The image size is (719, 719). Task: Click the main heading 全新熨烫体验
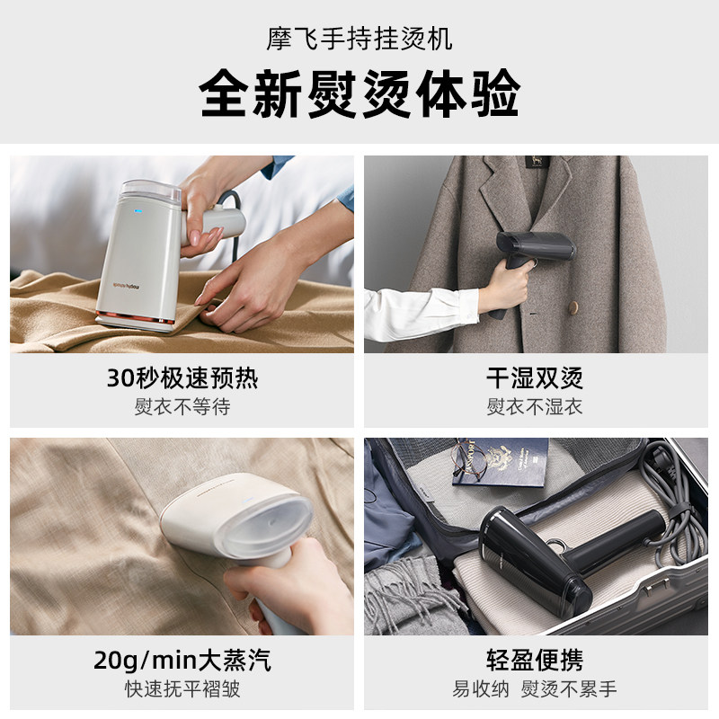coord(359,93)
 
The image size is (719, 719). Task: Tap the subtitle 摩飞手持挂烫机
coord(359,39)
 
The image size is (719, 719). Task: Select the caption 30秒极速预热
coord(182,378)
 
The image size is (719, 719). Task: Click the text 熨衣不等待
coord(182,406)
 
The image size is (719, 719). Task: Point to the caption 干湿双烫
coord(535,378)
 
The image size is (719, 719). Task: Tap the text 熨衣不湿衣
coord(535,406)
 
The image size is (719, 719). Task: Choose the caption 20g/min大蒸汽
coord(182,661)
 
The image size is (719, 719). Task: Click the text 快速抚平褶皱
coord(182,688)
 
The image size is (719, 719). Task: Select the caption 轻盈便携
coord(535,661)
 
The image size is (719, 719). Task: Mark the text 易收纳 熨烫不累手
coord(535,688)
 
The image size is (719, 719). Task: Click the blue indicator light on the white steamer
coord(138,212)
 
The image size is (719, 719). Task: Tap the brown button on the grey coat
coord(573,307)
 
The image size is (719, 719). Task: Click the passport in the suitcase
coord(501,462)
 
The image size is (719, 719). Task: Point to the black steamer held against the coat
coord(531,262)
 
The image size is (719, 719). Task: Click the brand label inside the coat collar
coord(536,162)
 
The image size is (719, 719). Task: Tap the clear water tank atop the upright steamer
coord(150,191)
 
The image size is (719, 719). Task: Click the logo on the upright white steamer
coord(126,287)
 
